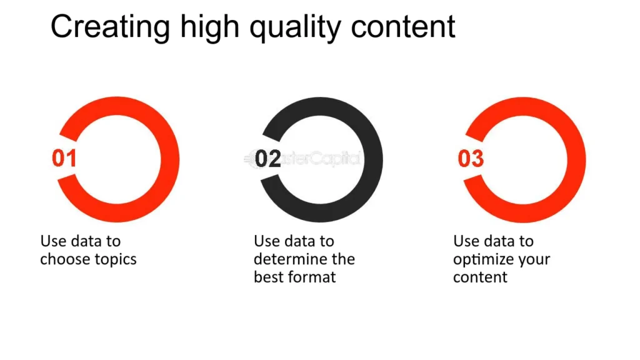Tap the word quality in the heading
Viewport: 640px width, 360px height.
(295, 29)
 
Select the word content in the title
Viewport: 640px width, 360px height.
(403, 27)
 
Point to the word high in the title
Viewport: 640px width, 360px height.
(210, 29)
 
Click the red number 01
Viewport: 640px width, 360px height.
(64, 158)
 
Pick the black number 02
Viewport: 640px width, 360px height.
(267, 159)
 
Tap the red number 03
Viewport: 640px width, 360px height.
(471, 159)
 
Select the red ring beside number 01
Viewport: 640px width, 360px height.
(170, 159)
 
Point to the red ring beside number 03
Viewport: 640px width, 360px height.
(576, 159)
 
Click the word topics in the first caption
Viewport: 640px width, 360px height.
(116, 259)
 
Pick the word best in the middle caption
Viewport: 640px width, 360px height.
(267, 277)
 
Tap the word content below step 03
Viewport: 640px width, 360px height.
(480, 277)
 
